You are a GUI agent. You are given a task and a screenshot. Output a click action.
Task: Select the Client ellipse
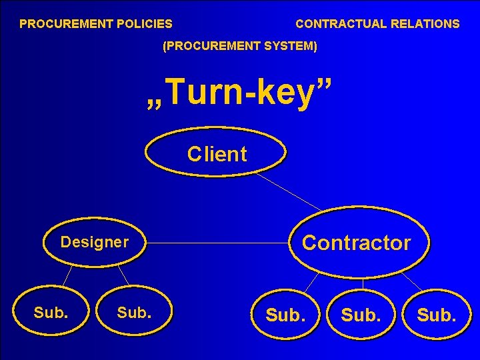coord(216,153)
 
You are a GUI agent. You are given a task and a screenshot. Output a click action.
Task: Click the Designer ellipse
coord(94,241)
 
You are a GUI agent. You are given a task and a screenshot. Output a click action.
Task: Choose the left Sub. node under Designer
coord(51,311)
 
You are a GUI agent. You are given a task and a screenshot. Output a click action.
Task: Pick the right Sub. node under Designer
coord(134,311)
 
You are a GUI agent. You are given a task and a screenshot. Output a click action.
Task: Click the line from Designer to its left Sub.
coord(67,275)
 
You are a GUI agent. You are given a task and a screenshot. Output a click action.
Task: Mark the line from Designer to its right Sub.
coord(123,275)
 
